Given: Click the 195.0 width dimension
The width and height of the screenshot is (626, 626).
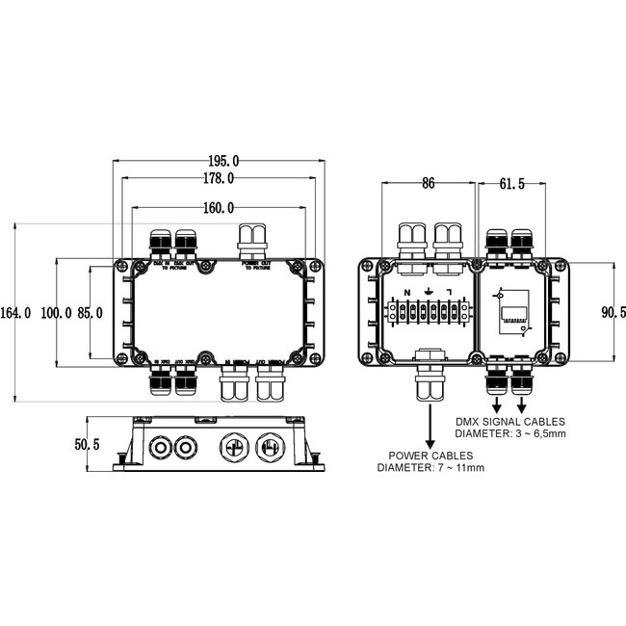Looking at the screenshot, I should pyautogui.click(x=222, y=161).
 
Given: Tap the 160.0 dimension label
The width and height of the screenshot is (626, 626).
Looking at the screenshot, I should pyautogui.click(x=219, y=207).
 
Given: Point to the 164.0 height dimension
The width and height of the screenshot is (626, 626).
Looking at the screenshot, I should pyautogui.click(x=16, y=313).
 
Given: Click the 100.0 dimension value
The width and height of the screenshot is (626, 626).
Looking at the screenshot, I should pyautogui.click(x=57, y=313).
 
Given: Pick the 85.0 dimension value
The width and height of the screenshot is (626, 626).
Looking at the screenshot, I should pyautogui.click(x=92, y=313).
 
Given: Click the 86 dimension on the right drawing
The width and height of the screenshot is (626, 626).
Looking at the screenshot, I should pyautogui.click(x=428, y=182).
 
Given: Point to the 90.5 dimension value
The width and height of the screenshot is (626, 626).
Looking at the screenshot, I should pyautogui.click(x=613, y=312).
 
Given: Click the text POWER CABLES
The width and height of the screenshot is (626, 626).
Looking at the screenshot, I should pyautogui.click(x=430, y=455).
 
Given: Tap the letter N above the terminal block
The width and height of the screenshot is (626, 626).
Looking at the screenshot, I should pyautogui.click(x=407, y=292).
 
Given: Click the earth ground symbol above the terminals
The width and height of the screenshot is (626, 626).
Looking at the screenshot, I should pyautogui.click(x=429, y=291).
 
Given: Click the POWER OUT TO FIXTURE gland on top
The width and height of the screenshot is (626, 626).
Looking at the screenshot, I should pyautogui.click(x=255, y=242).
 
